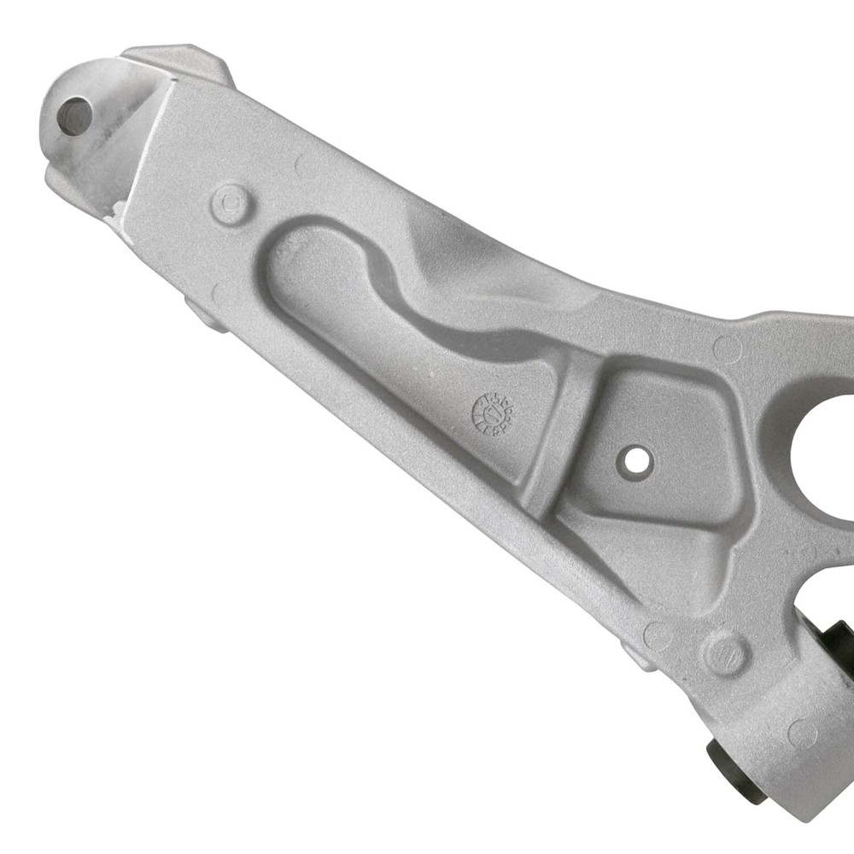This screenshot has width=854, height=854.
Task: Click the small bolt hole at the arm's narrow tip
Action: (74, 114)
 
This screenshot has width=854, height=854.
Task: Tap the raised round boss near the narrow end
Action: (231, 204)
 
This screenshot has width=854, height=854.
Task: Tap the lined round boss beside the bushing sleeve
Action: (725, 653)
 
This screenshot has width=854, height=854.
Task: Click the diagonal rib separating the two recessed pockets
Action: (560, 436)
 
